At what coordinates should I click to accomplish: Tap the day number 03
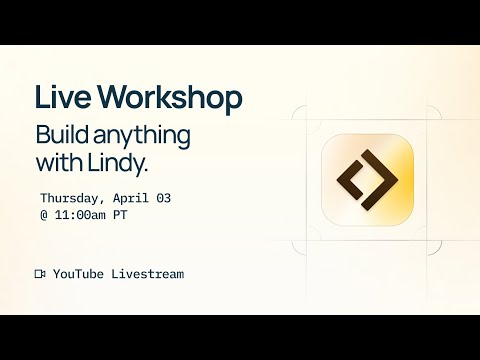[x=163, y=198]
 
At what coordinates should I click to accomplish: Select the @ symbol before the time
[x=44, y=215]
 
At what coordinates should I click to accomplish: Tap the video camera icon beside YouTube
[x=40, y=273]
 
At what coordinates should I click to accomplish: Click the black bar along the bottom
[x=240, y=337]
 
